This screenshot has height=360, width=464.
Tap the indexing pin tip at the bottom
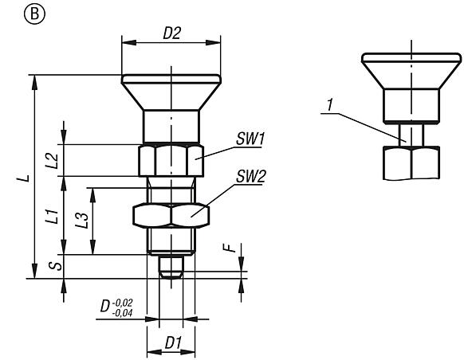point(171,267)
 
